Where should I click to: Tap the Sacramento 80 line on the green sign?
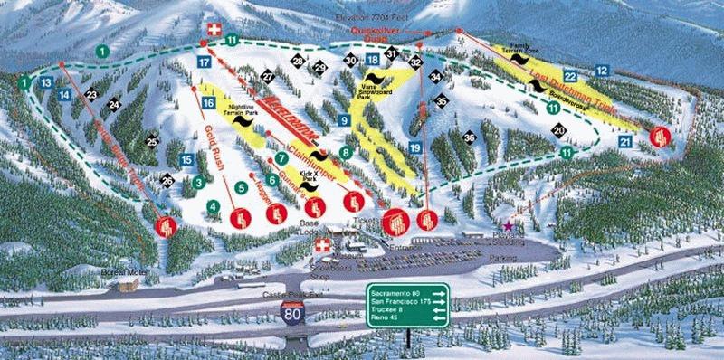[x=399, y=291]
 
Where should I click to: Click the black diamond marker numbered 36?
[x=469, y=137]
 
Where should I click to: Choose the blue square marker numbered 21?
[x=625, y=141]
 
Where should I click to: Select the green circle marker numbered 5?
[x=241, y=187]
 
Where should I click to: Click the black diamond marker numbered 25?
[x=151, y=140]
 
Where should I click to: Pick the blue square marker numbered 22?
[x=570, y=76]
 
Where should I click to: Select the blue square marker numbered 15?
[x=186, y=160]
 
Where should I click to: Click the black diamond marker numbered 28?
[x=297, y=62]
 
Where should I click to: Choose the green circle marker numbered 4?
[x=213, y=206]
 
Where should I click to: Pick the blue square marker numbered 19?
[x=414, y=147]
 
